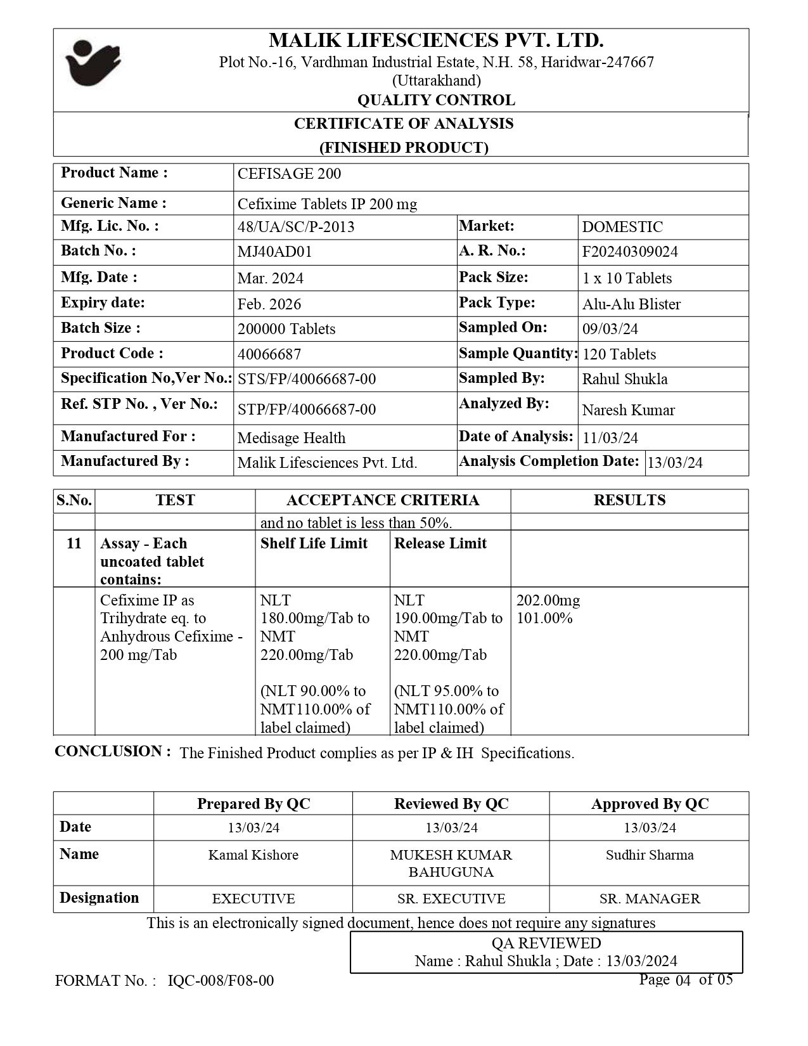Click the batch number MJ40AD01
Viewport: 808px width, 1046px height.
point(274,252)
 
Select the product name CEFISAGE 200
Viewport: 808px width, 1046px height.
point(289,174)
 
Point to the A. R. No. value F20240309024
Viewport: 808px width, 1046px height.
point(630,252)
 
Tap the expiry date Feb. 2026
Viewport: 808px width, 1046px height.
point(269,304)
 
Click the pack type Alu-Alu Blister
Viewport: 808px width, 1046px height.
point(631,304)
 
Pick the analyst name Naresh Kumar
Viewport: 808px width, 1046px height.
point(628,410)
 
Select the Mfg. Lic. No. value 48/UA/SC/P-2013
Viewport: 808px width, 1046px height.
point(296,227)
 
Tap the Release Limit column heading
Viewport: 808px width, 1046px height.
point(440,543)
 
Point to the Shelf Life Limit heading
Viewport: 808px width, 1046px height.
point(314,543)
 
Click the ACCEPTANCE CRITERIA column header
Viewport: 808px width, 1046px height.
point(383,500)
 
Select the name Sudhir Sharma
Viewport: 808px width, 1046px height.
point(650,855)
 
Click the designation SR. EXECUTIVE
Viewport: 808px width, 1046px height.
point(451,899)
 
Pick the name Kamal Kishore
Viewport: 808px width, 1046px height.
point(253,855)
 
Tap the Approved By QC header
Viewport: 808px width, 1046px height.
point(650,804)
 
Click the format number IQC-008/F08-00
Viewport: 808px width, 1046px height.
point(221,981)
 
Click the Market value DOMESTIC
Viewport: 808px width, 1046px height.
point(622,227)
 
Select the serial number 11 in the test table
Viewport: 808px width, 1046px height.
point(74,543)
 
